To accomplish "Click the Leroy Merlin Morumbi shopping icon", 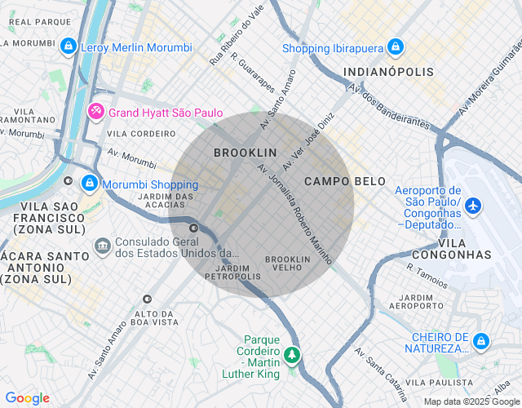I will (x=70, y=47).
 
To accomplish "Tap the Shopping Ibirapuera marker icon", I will (x=395, y=47).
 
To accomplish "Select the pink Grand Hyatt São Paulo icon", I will (x=95, y=110).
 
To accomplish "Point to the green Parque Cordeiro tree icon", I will (x=292, y=355).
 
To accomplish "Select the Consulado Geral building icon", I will (x=102, y=244).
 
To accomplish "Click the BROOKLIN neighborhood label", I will (x=245, y=153).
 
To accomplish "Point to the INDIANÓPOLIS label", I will (x=388, y=72).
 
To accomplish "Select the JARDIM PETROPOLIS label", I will (x=232, y=271).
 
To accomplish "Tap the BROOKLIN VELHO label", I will (x=288, y=264).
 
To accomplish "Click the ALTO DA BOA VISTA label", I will (x=156, y=317).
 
